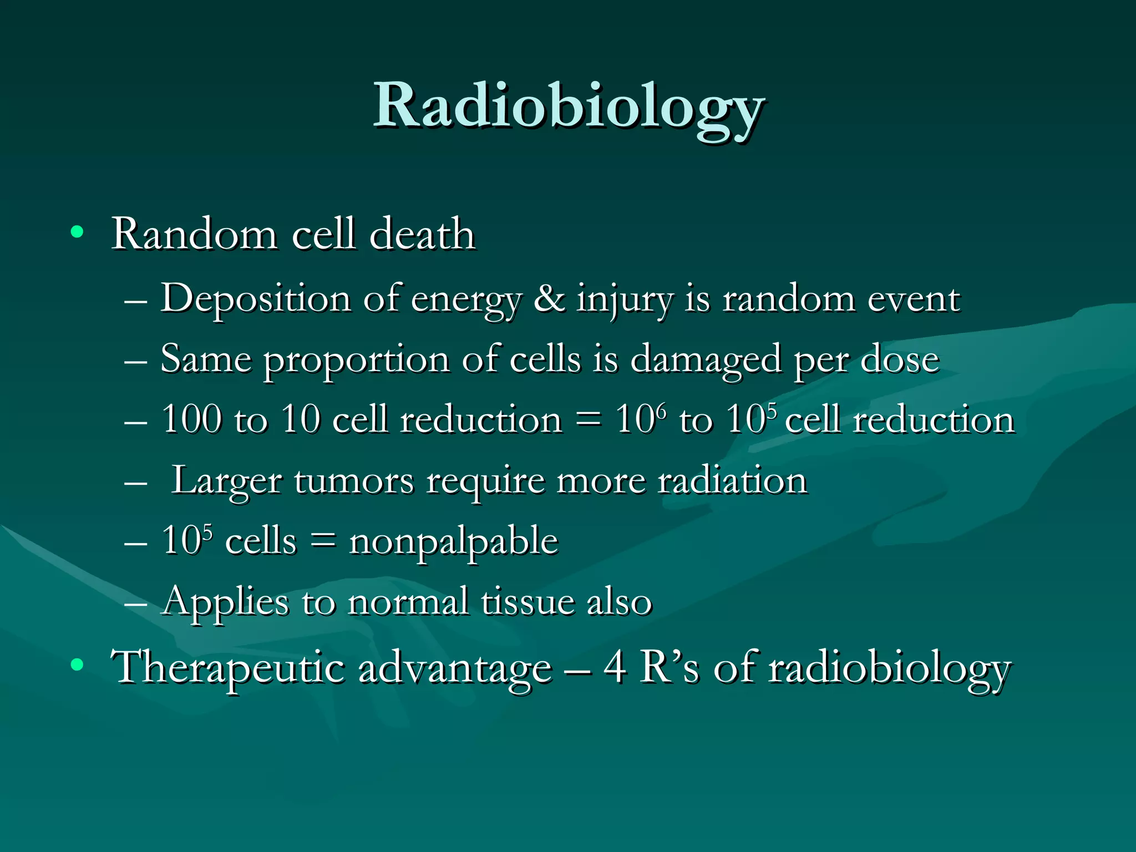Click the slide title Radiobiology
point(568,106)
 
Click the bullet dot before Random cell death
point(77,232)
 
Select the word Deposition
point(255,300)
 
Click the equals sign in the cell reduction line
point(588,420)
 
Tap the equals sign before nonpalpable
point(323,541)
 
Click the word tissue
point(528,602)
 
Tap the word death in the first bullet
point(422,234)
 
